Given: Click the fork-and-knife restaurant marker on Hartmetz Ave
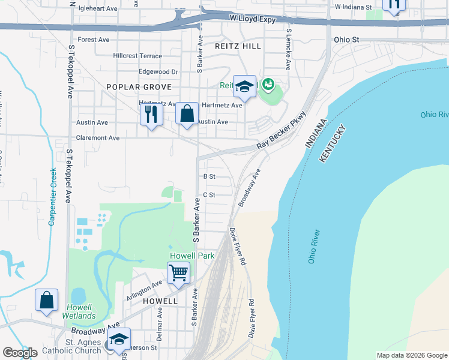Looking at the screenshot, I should coord(151,114).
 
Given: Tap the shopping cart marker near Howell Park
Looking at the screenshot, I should coord(179,274).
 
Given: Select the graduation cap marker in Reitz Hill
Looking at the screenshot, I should coord(244,88).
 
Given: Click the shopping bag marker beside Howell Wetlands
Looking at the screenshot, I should coord(47,300).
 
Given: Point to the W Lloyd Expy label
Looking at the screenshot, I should coord(253,19).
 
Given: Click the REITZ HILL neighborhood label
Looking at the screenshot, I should coord(238,46).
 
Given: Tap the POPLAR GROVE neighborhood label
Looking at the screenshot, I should coord(135,87).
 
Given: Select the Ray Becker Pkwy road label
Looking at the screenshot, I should coord(282,131).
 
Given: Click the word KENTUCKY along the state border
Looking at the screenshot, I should coord(334,143).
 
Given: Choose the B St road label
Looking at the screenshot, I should coord(209,176).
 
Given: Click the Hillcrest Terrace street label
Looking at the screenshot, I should coord(137,56).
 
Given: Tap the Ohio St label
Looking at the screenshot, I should coord(346,40).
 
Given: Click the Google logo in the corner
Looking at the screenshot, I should coord(20,353).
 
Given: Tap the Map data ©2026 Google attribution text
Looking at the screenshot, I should coord(411,355).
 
